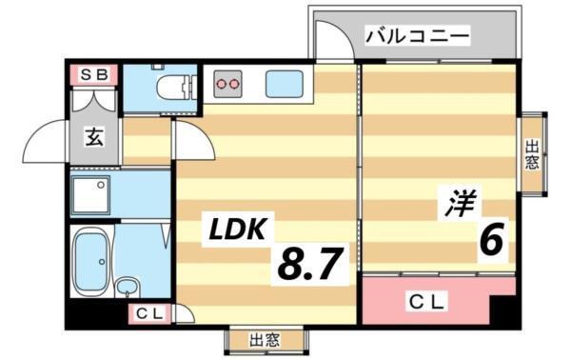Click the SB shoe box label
point(92,74)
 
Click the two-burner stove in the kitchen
point(228,84)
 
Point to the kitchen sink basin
point(284,85)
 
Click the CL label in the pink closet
point(427,302)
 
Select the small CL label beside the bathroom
point(148,311)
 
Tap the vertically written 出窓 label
point(532,154)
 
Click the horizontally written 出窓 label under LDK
point(266,340)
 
